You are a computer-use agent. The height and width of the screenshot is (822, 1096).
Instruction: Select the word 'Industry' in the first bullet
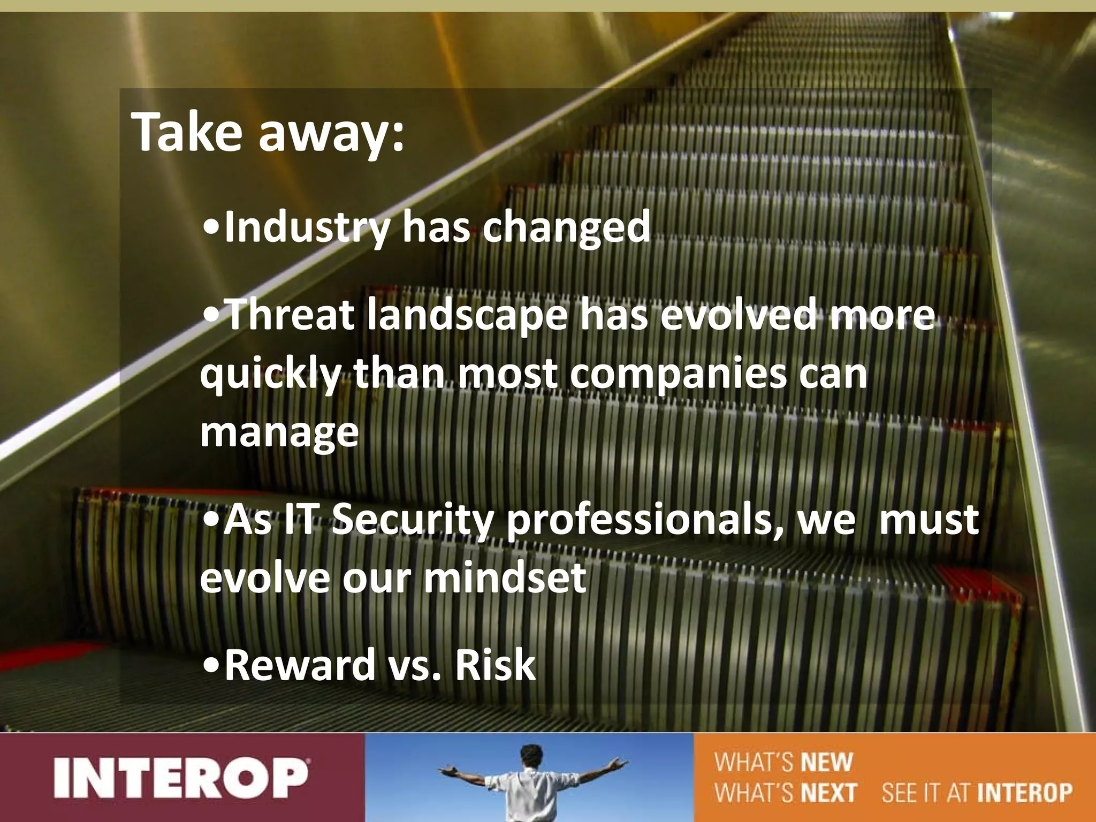(x=307, y=228)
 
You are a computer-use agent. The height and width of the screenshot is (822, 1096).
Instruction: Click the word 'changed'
(x=566, y=228)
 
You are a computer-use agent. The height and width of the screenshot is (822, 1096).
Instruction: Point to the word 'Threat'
(x=291, y=315)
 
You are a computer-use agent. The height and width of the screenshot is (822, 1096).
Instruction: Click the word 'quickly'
(x=270, y=376)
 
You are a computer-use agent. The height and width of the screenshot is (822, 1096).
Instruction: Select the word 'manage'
(x=279, y=433)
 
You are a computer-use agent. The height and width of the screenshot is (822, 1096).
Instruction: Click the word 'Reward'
(x=300, y=665)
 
